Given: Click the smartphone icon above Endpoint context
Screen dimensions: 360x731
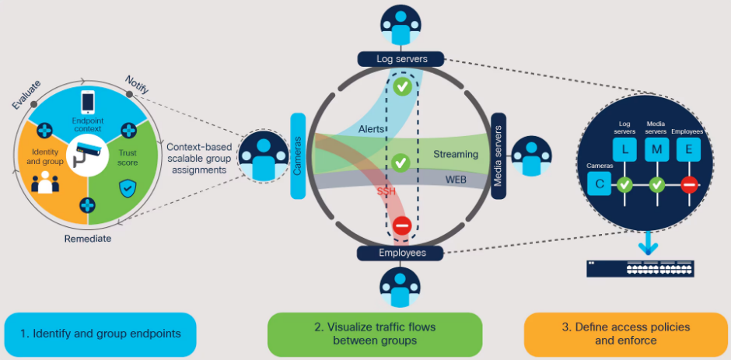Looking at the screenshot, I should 88,101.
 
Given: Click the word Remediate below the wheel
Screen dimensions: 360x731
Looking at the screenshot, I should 87,239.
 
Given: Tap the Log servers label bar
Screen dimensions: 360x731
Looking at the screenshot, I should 401,58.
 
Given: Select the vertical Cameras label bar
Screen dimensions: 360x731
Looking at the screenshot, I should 298,156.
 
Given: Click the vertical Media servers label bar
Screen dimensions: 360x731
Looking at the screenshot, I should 498,156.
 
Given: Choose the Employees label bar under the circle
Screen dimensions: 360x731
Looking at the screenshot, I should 401,253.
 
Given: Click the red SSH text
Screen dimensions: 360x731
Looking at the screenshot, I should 386,191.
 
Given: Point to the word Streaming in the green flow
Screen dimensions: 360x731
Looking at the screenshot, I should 456,155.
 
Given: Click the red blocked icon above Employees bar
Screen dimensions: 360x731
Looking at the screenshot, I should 401,226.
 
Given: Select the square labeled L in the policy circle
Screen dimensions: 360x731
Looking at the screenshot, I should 630,149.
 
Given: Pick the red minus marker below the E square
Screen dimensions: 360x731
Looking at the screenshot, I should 688,185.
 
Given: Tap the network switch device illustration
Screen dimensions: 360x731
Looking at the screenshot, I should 640,267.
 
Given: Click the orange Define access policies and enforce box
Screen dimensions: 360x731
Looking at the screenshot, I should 626,334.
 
